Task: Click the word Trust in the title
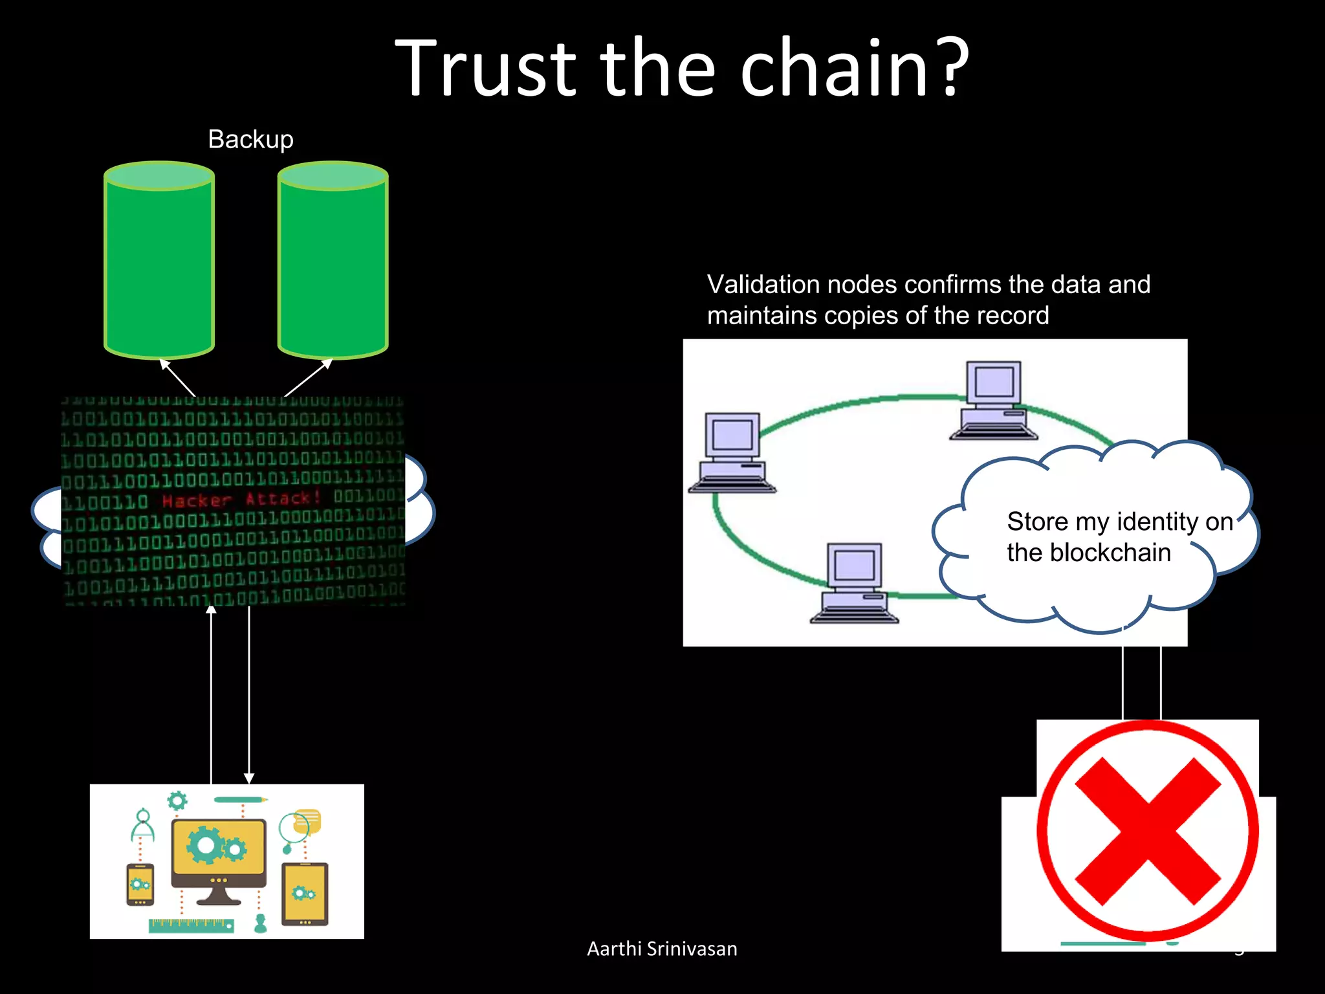pyautogui.click(x=485, y=68)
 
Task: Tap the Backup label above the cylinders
pyautogui.click(x=250, y=139)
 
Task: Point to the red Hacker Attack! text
pyautogui.click(x=241, y=500)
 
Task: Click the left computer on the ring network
pyautogui.click(x=732, y=453)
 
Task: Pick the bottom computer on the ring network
pyautogui.click(x=855, y=582)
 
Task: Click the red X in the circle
pyautogui.click(x=1148, y=831)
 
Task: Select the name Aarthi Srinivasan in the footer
pyautogui.click(x=662, y=949)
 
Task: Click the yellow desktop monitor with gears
pyautogui.click(x=219, y=852)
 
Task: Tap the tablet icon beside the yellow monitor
pyautogui.click(x=305, y=893)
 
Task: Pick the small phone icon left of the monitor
pyautogui.click(x=140, y=884)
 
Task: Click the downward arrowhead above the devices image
pyautogui.click(x=249, y=778)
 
